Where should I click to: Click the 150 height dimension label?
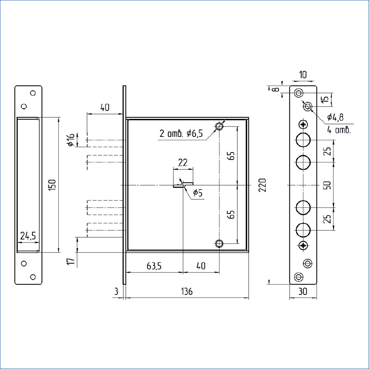coord(53,185)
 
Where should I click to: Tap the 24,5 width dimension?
coord(28,235)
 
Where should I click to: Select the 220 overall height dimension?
coord(262,185)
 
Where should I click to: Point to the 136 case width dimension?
coord(187,292)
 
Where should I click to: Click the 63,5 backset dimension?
coord(154,266)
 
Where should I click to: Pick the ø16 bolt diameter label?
coord(71,140)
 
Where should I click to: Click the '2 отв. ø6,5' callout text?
coord(181,134)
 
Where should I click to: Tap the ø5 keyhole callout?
coord(198,193)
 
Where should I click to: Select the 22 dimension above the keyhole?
coord(183,163)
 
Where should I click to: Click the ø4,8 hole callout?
coord(335,117)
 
